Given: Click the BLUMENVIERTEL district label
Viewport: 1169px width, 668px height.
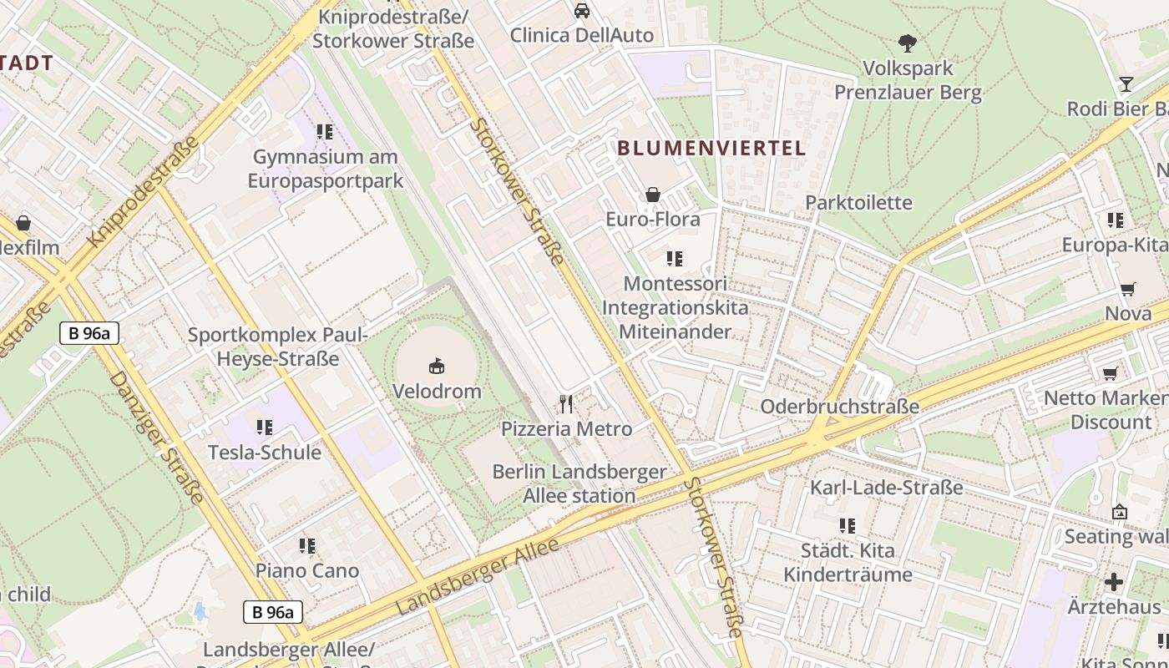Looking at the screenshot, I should [711, 149].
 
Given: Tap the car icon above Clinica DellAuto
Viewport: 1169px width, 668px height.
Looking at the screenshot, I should [582, 11].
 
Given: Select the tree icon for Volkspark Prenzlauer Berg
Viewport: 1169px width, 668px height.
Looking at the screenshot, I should [908, 43].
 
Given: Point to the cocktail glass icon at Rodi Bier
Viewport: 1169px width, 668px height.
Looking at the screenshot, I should [1126, 83].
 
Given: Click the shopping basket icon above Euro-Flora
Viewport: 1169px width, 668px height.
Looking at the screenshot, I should [653, 195].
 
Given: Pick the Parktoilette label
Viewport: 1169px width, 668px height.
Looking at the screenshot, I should [858, 203].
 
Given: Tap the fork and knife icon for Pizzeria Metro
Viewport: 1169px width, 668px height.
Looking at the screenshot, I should [567, 404].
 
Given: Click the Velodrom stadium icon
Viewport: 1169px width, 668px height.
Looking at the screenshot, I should [437, 366].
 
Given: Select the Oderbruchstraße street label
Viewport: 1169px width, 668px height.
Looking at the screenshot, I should [839, 407].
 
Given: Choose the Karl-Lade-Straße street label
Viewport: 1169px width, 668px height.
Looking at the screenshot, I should [886, 488].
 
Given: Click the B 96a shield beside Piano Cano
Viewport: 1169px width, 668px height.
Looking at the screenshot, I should [273, 612].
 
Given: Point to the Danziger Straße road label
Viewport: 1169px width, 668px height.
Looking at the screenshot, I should [156, 438].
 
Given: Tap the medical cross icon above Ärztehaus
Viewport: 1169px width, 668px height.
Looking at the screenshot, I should [1114, 582].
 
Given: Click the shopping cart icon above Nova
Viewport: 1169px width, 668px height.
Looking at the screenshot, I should [1128, 290].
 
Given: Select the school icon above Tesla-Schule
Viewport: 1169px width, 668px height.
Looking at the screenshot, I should [265, 428].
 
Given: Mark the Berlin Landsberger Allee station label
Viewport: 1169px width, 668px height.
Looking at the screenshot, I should [579, 483].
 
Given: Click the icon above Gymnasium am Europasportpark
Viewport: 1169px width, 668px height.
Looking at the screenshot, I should [325, 132].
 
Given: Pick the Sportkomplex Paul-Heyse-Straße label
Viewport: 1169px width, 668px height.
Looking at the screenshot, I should [277, 347].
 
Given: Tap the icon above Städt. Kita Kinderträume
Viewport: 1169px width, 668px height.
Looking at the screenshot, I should [848, 526].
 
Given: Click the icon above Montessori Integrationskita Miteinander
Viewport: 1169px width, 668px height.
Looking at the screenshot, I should [675, 259].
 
